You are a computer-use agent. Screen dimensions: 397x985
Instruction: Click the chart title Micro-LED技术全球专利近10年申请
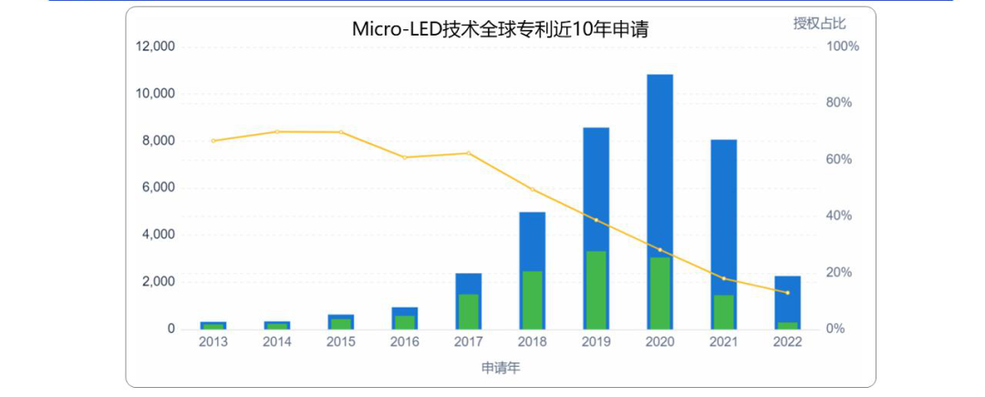point(500,29)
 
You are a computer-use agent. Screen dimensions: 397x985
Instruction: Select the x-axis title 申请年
point(501,368)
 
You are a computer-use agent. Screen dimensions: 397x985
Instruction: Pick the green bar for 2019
point(596,290)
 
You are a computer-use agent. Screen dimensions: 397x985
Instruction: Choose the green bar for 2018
point(532,300)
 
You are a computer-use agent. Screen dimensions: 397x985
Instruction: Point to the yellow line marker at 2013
point(213,141)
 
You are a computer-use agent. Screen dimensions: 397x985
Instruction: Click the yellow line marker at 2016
point(405,158)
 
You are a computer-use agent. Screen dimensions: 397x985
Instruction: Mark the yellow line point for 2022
point(787,292)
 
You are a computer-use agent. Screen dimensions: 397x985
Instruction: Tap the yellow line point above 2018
point(532,189)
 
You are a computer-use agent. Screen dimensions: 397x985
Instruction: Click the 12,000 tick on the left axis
point(156,47)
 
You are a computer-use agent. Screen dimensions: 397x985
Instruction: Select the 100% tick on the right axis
point(842,47)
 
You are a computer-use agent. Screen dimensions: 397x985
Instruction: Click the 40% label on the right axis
point(839,216)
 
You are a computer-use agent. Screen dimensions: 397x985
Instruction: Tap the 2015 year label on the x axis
point(341,342)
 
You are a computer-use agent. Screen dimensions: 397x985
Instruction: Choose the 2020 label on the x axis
point(659,342)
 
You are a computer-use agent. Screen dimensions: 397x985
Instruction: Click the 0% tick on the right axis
point(836,329)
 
